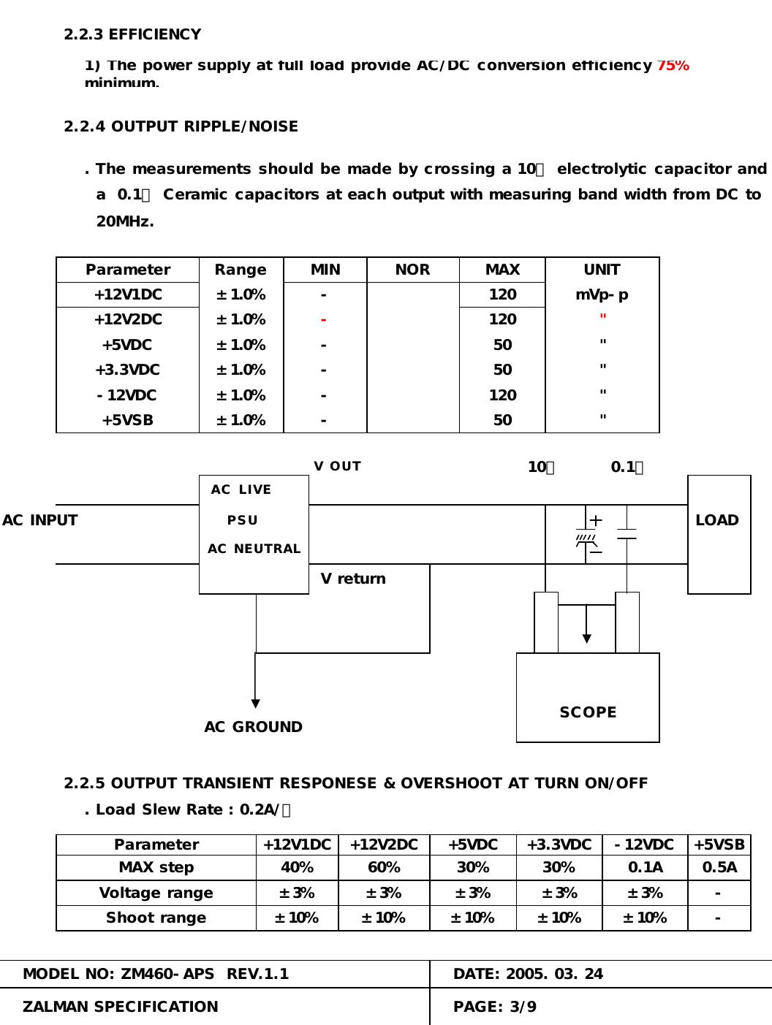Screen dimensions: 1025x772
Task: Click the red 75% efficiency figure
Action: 673,66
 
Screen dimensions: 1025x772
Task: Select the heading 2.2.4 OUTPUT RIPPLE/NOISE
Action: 181,126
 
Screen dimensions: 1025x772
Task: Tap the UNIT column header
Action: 602,270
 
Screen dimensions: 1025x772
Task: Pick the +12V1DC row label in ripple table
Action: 128,294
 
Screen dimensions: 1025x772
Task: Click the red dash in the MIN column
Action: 323,320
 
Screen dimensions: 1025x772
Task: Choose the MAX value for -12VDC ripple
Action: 502,395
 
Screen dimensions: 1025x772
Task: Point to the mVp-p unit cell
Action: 602,294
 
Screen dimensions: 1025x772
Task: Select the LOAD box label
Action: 717,520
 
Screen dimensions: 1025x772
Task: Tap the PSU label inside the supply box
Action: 243,520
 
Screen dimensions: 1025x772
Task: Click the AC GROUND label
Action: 253,727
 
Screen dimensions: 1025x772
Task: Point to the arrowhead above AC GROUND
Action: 255,704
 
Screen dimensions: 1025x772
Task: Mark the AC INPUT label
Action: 39,520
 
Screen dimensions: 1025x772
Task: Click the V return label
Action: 353,579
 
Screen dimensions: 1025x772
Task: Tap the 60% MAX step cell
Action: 384,867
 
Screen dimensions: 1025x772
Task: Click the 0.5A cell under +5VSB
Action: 719,867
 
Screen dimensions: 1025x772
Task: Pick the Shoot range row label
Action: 156,918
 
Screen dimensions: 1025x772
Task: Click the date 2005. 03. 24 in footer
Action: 554,974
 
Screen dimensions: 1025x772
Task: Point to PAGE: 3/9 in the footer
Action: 495,1007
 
